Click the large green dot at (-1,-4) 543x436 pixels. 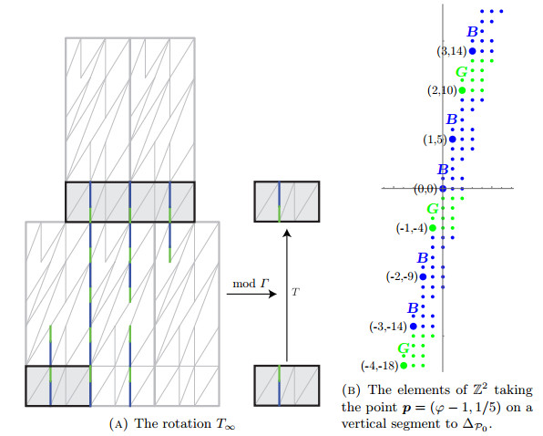point(433,228)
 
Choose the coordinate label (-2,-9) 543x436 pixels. point(402,276)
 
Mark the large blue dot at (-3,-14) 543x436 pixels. point(413,327)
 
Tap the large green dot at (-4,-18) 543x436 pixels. point(404,365)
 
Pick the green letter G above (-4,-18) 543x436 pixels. point(404,348)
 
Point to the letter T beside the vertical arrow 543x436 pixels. point(295,292)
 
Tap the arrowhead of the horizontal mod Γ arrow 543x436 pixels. point(273,295)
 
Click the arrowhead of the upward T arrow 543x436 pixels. point(287,233)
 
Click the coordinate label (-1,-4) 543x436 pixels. point(412,228)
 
